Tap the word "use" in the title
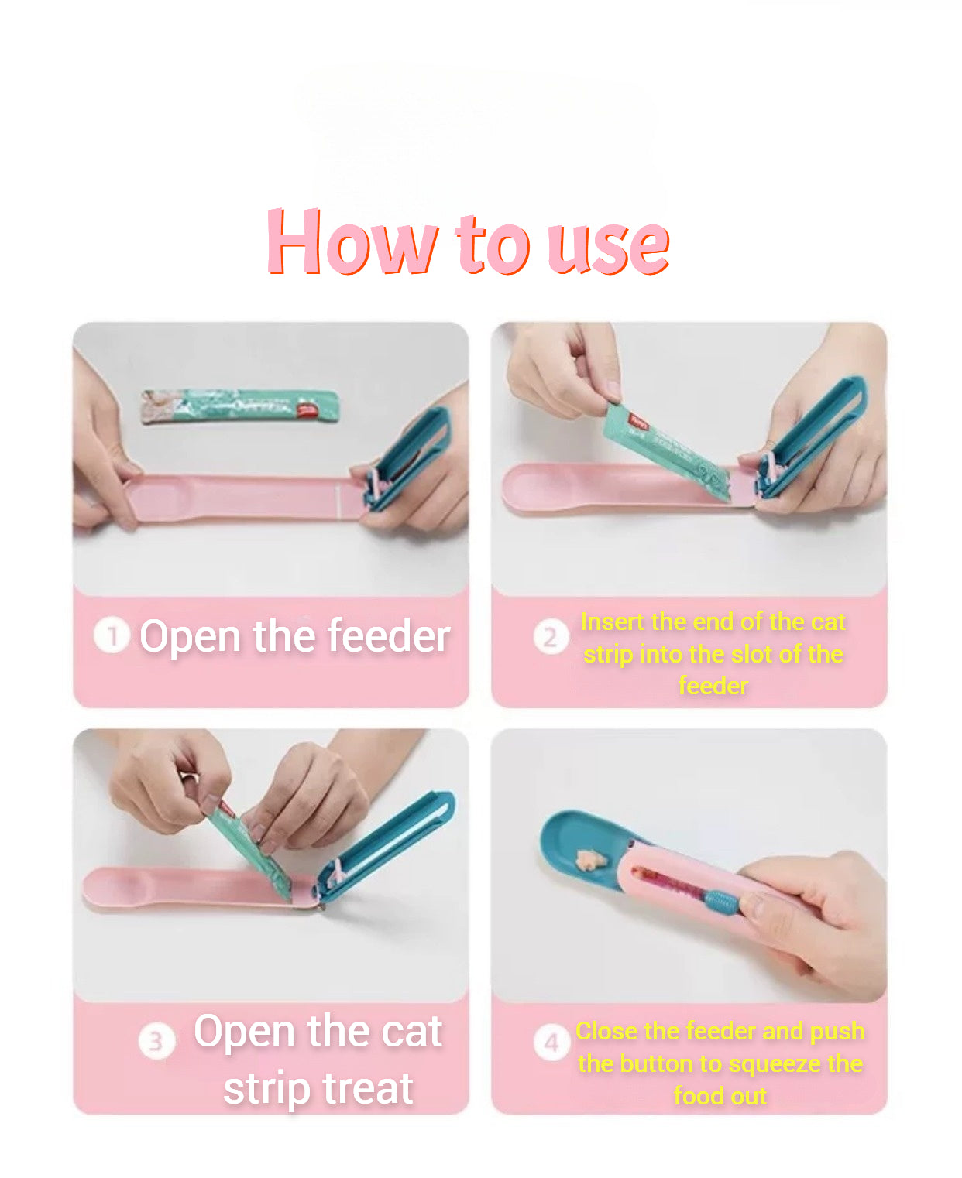[608, 247]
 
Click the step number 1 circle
[112, 636]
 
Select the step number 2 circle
[551, 637]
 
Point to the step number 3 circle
[157, 1041]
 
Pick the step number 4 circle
[551, 1043]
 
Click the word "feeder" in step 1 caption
[389, 635]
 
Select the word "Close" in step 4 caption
[606, 1031]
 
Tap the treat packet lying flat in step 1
[240, 406]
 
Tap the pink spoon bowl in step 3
[120, 888]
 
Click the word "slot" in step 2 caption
[753, 654]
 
